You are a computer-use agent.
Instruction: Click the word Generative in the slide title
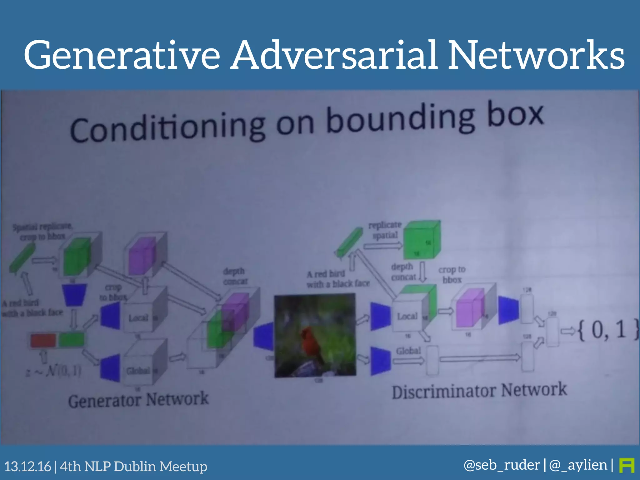[x=122, y=55]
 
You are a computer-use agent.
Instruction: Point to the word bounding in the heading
[x=400, y=120]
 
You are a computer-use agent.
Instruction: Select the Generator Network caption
[x=138, y=400]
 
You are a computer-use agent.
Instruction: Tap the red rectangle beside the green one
[x=43, y=340]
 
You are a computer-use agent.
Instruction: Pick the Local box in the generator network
[x=138, y=318]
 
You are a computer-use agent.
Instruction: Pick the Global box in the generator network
[x=138, y=371]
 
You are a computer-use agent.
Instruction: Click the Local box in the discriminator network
[x=407, y=316]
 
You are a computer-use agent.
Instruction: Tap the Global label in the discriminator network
[x=408, y=351]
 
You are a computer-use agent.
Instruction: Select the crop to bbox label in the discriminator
[x=452, y=274]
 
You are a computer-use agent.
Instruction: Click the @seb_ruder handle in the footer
[x=502, y=465]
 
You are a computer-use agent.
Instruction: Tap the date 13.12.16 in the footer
[x=27, y=467]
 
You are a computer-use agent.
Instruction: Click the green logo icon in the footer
[x=627, y=465]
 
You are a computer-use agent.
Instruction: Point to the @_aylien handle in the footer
[x=578, y=465]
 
